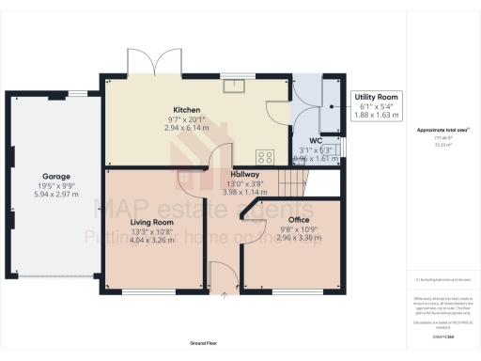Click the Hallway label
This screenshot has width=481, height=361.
pos(244,174)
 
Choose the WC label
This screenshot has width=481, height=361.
pos(315,141)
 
